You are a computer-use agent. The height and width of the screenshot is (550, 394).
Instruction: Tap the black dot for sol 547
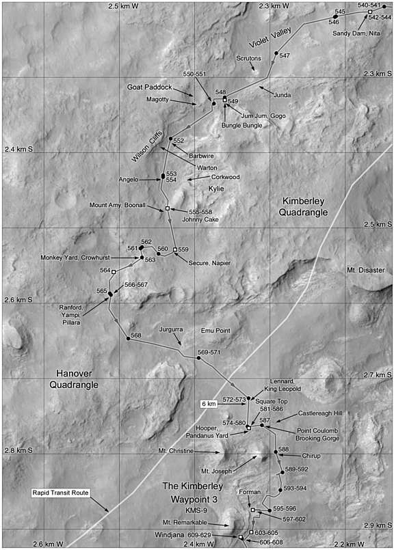coord(276,53)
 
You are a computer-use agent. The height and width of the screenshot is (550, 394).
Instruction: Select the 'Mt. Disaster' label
coord(367,270)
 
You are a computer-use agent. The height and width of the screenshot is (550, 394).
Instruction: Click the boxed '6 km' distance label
coord(210,404)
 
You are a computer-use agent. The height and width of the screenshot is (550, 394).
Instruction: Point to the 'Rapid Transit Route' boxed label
coord(62,492)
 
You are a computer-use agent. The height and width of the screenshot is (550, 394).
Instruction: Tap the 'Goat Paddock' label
coord(149,87)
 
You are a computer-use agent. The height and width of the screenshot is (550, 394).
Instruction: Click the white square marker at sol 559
coord(175,249)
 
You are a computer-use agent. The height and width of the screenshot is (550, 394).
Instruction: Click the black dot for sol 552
coord(170,139)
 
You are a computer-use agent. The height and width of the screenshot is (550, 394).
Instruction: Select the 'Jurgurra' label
coord(171,329)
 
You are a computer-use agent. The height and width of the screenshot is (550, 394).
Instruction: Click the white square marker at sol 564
coord(123,271)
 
